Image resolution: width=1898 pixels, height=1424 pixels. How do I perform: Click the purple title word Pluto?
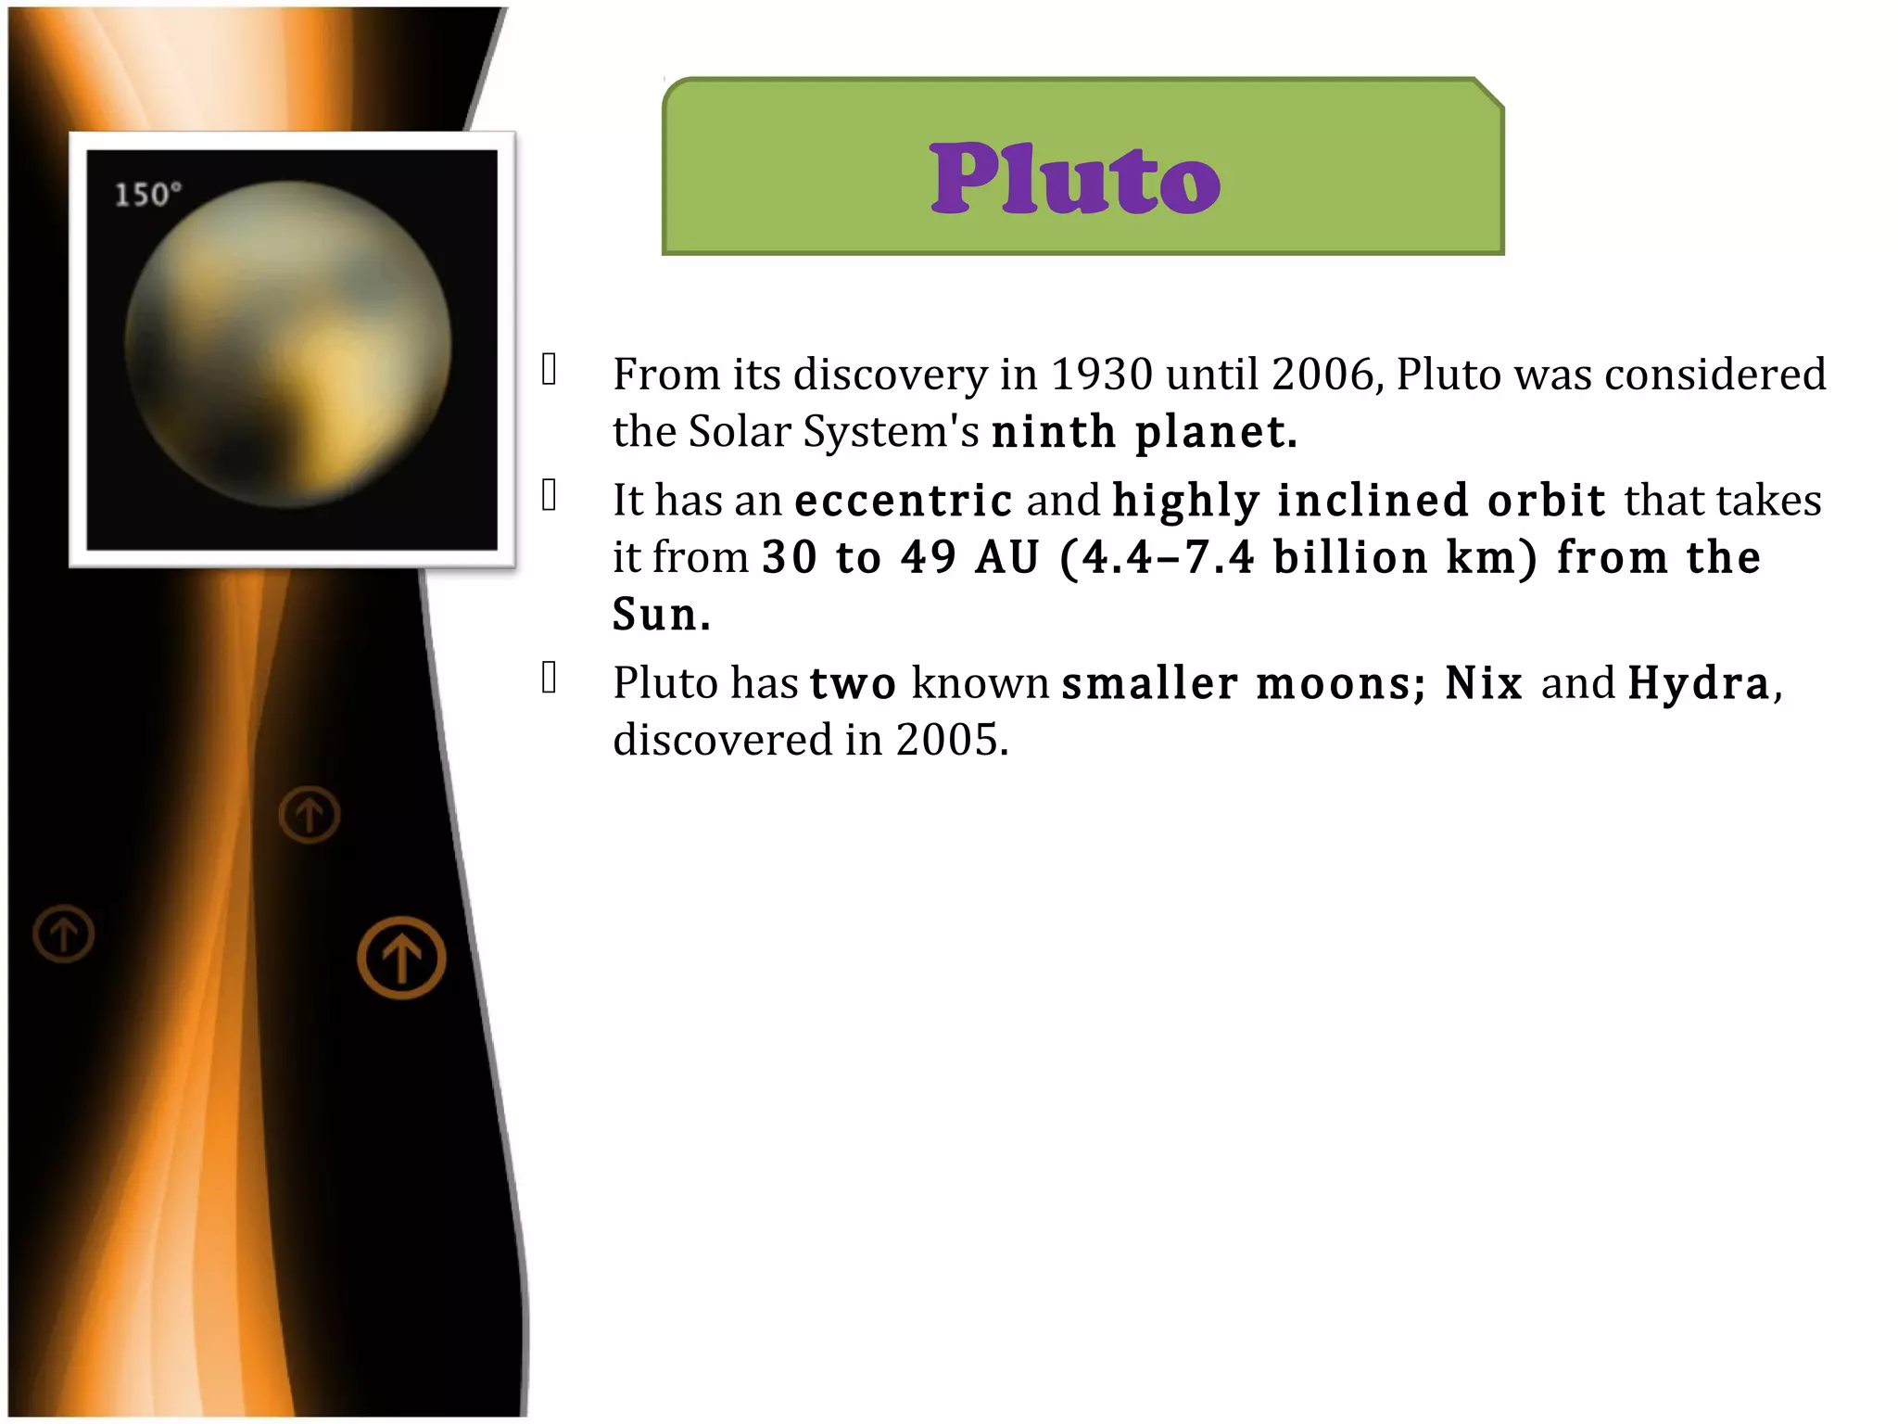pyautogui.click(x=1075, y=178)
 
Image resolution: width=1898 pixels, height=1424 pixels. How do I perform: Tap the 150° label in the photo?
pyautogui.click(x=147, y=195)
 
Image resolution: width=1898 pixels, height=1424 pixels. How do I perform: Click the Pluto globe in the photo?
pyautogui.click(x=288, y=344)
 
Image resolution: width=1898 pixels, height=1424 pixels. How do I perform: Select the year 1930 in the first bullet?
pyautogui.click(x=1101, y=375)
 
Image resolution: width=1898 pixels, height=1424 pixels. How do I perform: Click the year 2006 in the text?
pyautogui.click(x=1326, y=375)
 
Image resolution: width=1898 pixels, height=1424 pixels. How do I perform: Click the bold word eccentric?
pyautogui.click(x=904, y=502)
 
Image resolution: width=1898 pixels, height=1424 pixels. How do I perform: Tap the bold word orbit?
pyautogui.click(x=1546, y=502)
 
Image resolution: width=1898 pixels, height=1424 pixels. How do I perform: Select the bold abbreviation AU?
pyautogui.click(x=1007, y=558)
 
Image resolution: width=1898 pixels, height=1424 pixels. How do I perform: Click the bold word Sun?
pyautogui.click(x=661, y=615)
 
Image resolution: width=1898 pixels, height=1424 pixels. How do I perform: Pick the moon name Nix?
pyautogui.click(x=1484, y=684)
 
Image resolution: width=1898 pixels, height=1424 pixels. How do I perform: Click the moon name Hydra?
pyautogui.click(x=1699, y=684)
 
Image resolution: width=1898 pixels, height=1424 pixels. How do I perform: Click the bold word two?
pyautogui.click(x=853, y=684)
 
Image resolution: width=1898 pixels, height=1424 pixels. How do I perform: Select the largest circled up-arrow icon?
pyautogui.click(x=401, y=958)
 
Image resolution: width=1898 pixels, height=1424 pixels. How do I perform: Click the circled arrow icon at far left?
pyautogui.click(x=64, y=934)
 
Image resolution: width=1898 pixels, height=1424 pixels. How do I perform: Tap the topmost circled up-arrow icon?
pyautogui.click(x=310, y=815)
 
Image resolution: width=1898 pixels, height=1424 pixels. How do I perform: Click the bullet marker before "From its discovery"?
pyautogui.click(x=550, y=369)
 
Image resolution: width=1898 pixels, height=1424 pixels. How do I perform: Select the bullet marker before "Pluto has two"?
pyautogui.click(x=550, y=678)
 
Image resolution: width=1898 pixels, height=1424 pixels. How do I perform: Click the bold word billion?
pyautogui.click(x=1350, y=558)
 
